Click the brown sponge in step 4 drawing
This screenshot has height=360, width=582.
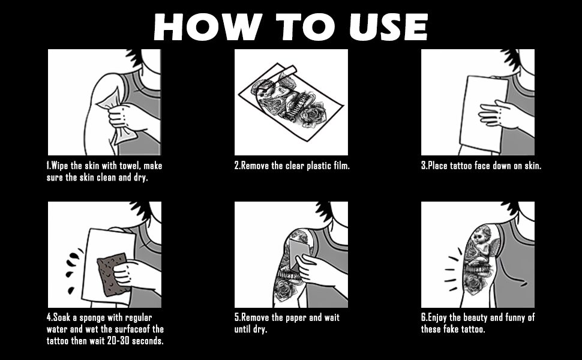112,275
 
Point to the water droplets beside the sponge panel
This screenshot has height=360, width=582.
73,271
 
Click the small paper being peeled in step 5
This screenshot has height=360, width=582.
299,253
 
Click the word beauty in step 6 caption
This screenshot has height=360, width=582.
474,317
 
